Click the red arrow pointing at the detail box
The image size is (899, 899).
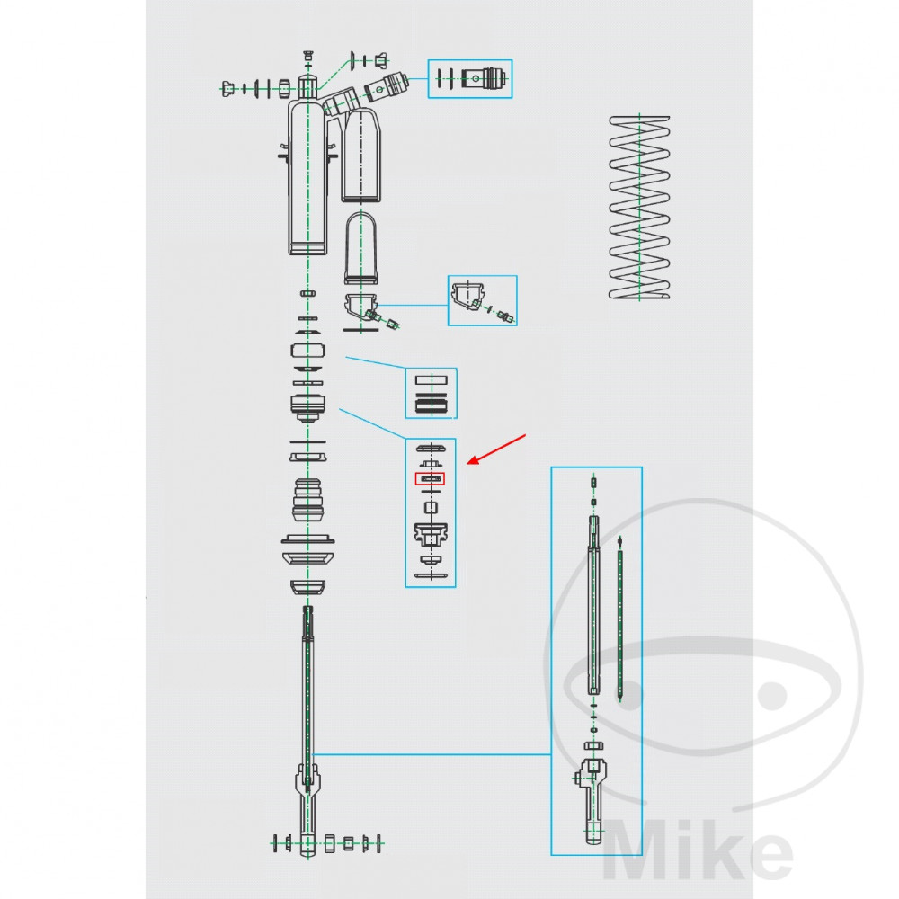[x=496, y=449]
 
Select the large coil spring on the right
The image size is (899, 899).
[x=639, y=207]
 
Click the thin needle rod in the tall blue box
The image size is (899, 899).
[x=619, y=619]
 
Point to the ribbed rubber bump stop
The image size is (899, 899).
[x=307, y=501]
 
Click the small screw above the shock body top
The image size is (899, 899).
[x=308, y=56]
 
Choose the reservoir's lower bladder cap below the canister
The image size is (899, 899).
[x=360, y=248]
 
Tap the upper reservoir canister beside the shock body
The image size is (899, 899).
[x=361, y=155]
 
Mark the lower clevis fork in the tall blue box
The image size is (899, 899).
[x=593, y=800]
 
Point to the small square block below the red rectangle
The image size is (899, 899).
[x=431, y=507]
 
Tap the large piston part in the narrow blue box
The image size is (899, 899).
[x=431, y=533]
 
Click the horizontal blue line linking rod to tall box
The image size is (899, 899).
[x=432, y=754]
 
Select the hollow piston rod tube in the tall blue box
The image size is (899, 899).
[x=594, y=605]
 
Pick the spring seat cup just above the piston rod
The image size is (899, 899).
[x=307, y=588]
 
